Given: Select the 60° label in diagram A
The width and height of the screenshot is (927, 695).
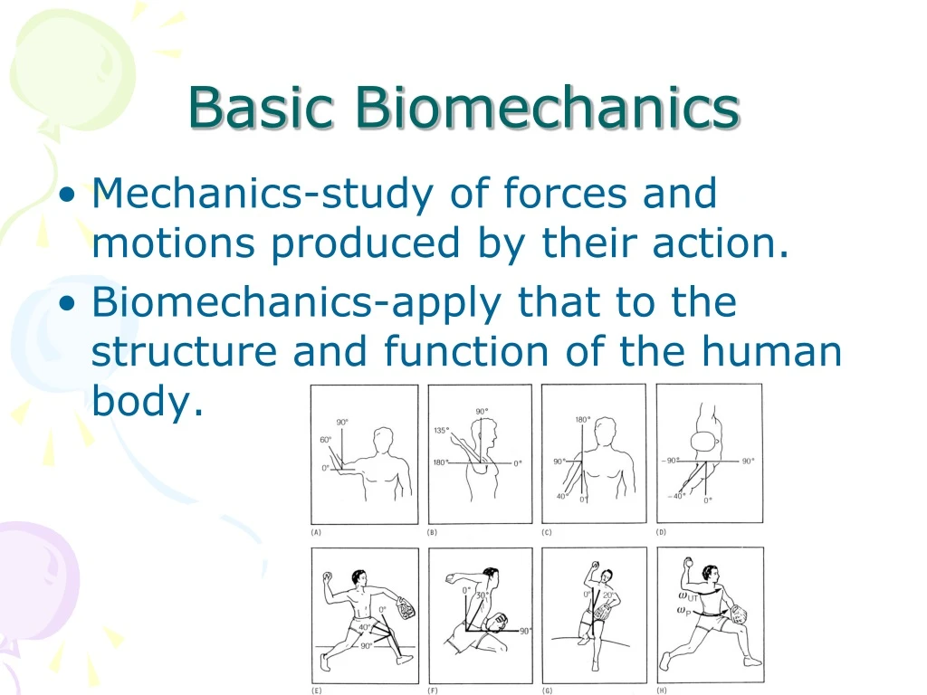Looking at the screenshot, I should (325, 439).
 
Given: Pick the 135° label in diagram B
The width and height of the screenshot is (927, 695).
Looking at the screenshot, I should (442, 431).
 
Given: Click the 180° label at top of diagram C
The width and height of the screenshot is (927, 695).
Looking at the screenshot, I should (583, 419).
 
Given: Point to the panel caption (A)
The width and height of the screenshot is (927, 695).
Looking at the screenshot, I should (316, 532).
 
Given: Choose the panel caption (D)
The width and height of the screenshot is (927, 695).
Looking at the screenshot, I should (662, 532).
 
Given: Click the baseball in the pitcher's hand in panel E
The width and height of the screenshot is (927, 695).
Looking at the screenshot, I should (328, 576).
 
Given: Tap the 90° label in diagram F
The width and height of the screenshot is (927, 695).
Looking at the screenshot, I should (525, 631).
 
